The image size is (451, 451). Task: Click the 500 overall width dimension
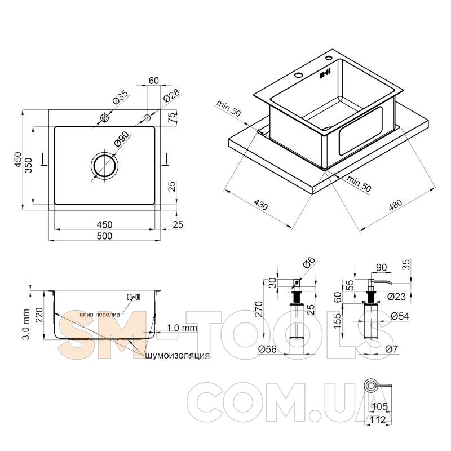[x=104, y=236]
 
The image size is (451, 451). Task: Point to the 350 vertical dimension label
[x=28, y=165]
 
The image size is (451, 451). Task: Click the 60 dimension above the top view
[x=154, y=81]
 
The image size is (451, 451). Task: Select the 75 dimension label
[x=171, y=118]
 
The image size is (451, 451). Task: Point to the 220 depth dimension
[x=38, y=315]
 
